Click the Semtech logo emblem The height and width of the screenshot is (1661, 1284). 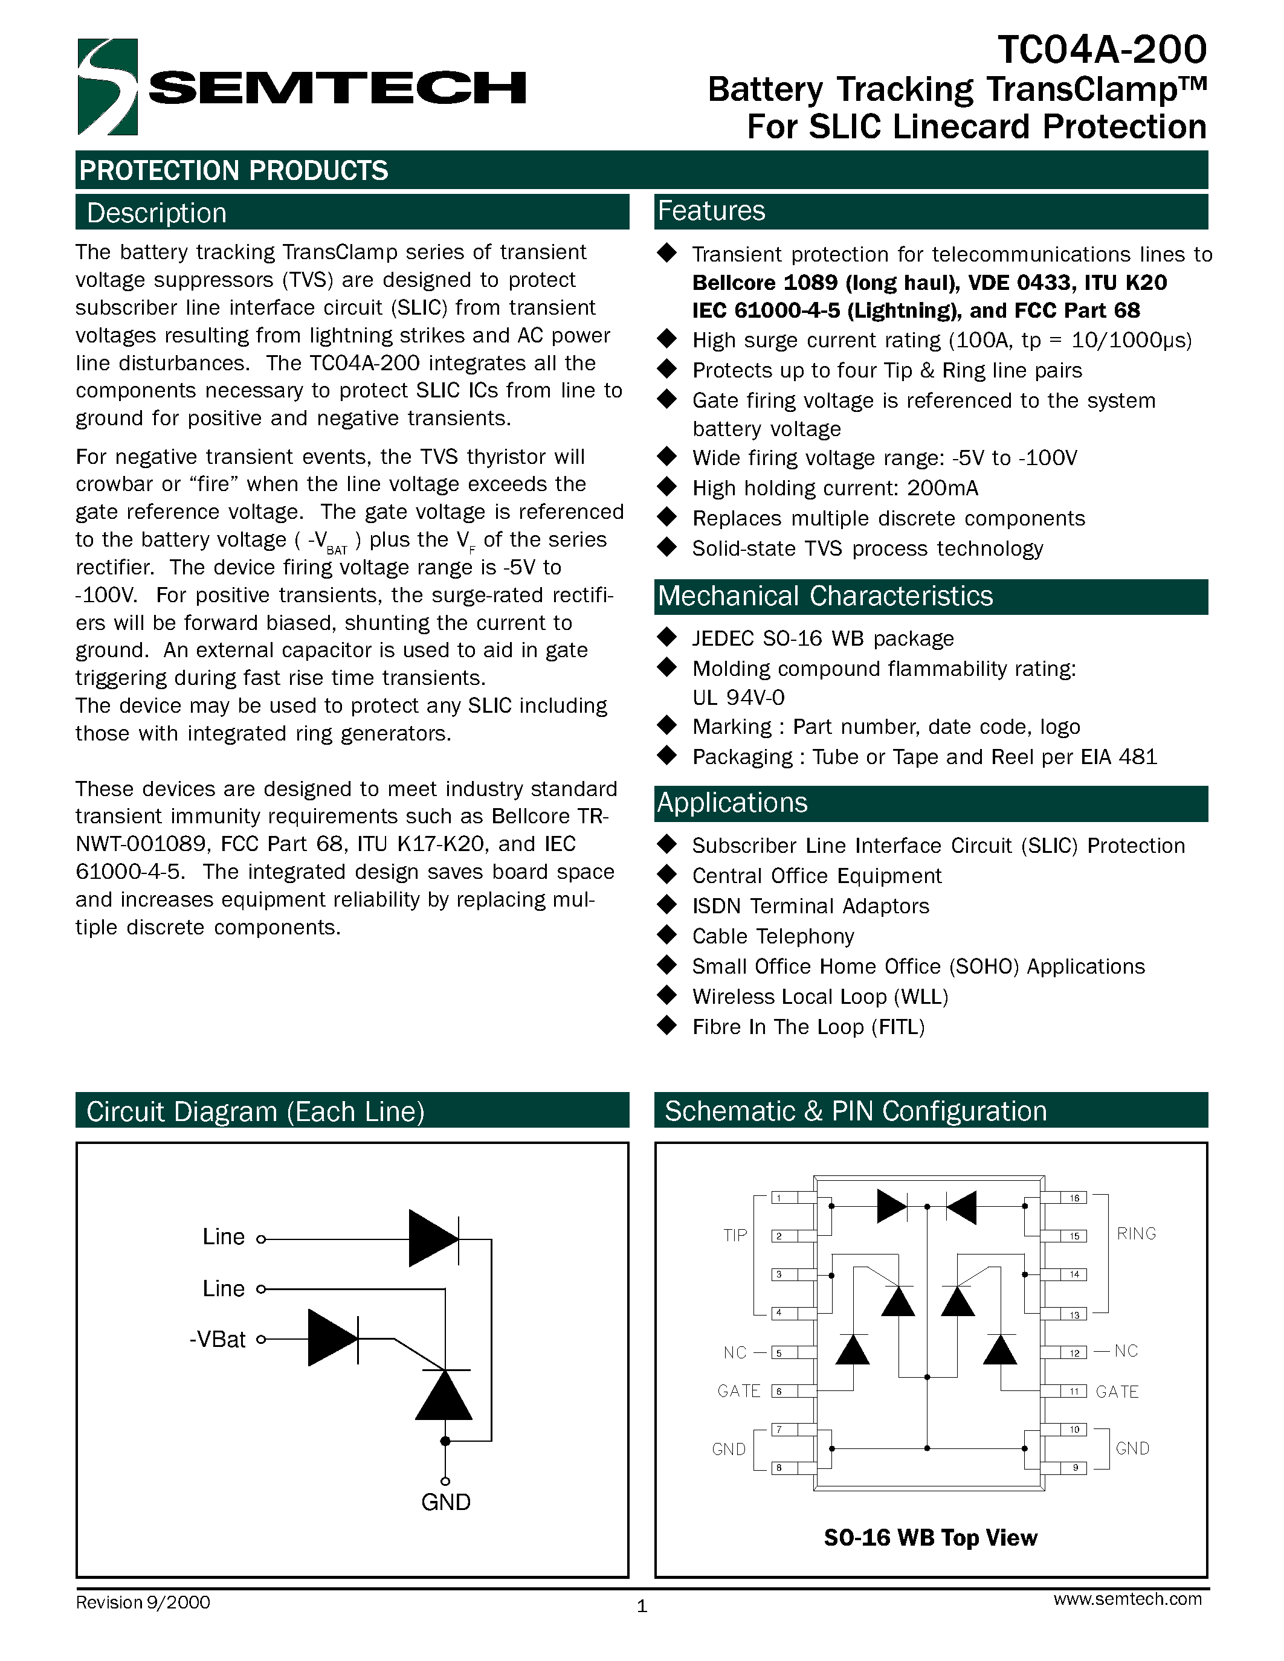tap(108, 87)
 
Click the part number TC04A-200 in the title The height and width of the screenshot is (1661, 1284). tap(1102, 50)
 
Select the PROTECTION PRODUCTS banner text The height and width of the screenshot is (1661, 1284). tap(233, 170)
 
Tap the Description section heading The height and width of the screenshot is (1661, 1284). tap(156, 213)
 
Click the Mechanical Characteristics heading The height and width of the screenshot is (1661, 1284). tap(825, 596)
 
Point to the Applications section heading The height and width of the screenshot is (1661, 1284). tap(732, 803)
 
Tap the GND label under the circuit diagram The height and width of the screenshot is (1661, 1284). tap(446, 1502)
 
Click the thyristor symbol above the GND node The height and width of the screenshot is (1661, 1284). tap(444, 1393)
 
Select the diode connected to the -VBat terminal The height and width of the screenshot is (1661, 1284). tap(332, 1338)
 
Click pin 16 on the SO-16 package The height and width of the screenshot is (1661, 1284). tap(1074, 1198)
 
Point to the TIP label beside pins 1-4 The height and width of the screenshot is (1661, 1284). tap(735, 1235)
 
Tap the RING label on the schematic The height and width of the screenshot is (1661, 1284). tap(1136, 1233)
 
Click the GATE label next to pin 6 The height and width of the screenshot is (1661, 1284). tap(738, 1391)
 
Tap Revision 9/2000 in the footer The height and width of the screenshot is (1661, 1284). tap(143, 1602)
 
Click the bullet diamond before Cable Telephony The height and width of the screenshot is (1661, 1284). tap(667, 935)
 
